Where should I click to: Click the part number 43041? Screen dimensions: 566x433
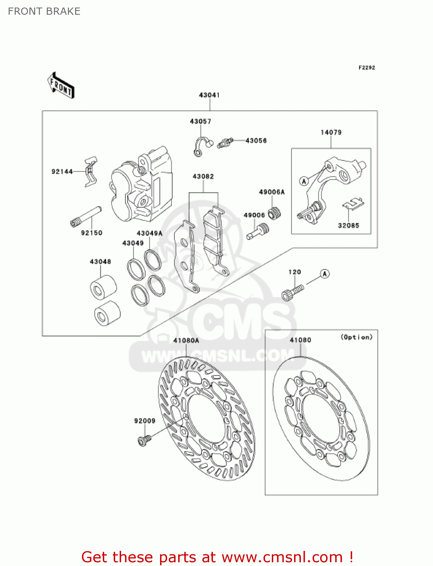pos(209,95)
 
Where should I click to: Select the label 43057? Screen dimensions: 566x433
pos(200,122)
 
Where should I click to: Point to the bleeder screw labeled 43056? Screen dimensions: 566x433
pos(225,142)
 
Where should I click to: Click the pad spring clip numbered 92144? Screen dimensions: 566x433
pos(91,171)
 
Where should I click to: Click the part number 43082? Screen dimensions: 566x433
pos(203,177)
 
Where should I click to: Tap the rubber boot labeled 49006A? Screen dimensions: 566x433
pos(274,213)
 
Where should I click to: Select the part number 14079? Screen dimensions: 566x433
pos(331,132)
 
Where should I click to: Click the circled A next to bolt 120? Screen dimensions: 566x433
pos(325,274)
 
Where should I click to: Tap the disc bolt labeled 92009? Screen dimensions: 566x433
pos(144,440)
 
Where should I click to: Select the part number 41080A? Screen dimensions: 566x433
pos(186,340)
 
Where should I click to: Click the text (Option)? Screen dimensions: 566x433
pos(356,337)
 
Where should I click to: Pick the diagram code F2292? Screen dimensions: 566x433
pos(367,68)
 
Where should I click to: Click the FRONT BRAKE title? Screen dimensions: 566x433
pos(44,11)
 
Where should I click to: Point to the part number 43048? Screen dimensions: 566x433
pos(100,261)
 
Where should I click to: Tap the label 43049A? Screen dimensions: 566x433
pos(149,233)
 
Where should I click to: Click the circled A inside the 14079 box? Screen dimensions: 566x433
pos(304,181)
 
